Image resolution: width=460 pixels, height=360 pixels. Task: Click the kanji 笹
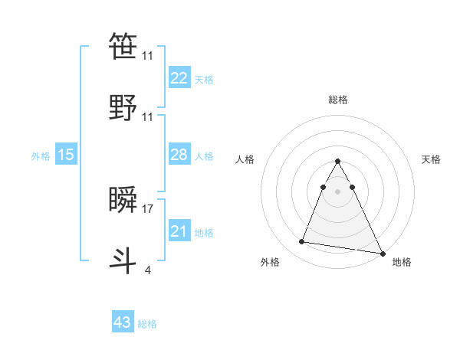tap(123, 46)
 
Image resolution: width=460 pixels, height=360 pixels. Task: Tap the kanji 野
tap(123, 108)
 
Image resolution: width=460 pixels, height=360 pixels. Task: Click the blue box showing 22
tap(179, 77)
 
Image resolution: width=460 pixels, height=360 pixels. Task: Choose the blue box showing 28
tap(179, 155)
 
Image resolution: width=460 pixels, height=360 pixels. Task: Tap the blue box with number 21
tap(179, 231)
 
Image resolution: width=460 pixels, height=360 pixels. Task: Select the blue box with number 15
tap(66, 155)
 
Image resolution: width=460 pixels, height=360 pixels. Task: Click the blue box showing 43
tap(123, 322)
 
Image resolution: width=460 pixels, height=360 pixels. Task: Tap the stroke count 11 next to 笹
tap(148, 55)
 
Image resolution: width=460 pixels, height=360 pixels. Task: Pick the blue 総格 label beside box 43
tap(147, 324)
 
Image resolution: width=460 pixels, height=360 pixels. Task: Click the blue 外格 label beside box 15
tap(41, 156)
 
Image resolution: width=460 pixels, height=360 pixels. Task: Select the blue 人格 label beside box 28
tap(204, 156)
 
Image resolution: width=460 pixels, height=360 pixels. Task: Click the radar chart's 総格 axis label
tap(338, 100)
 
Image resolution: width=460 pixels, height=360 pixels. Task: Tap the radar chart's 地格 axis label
tap(402, 262)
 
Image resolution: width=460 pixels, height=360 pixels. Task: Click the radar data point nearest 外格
tap(302, 242)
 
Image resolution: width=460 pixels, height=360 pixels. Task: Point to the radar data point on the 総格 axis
tap(337, 162)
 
